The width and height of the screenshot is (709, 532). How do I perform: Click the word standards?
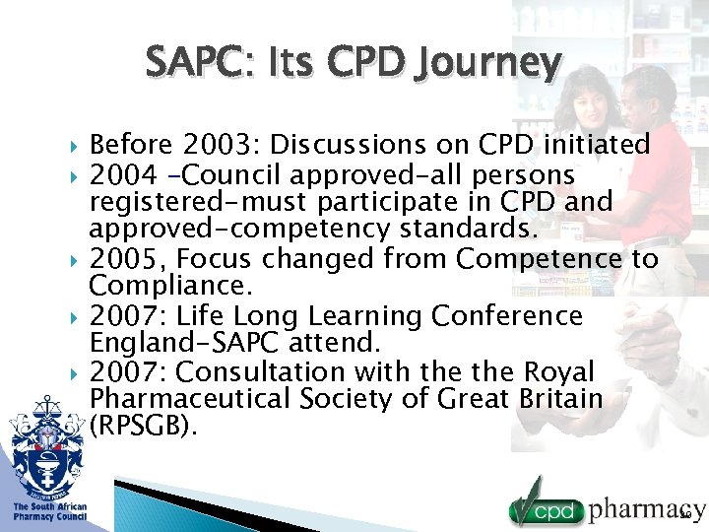(x=461, y=230)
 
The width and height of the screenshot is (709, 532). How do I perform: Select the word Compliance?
(x=170, y=287)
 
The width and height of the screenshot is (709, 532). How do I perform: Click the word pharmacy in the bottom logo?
(x=646, y=509)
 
